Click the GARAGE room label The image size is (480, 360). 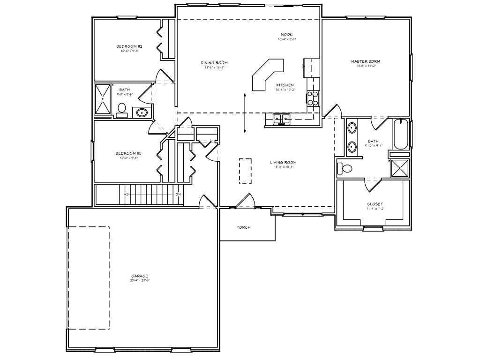(140, 276)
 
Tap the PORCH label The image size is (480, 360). (243, 227)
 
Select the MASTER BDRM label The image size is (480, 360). (366, 61)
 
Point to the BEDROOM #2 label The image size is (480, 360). (129, 46)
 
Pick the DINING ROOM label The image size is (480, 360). (214, 63)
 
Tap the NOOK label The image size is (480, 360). (286, 35)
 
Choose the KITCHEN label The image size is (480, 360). (285, 85)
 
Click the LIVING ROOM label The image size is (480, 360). (283, 163)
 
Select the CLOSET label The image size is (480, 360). (375, 204)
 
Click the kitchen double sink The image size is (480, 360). (282, 119)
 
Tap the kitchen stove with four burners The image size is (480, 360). (313, 98)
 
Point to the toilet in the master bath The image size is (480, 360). (347, 168)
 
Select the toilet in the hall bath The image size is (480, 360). (122, 109)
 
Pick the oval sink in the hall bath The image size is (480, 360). (142, 112)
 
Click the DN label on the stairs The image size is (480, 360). (178, 194)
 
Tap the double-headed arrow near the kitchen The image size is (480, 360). (245, 113)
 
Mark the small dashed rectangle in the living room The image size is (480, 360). (245, 170)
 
